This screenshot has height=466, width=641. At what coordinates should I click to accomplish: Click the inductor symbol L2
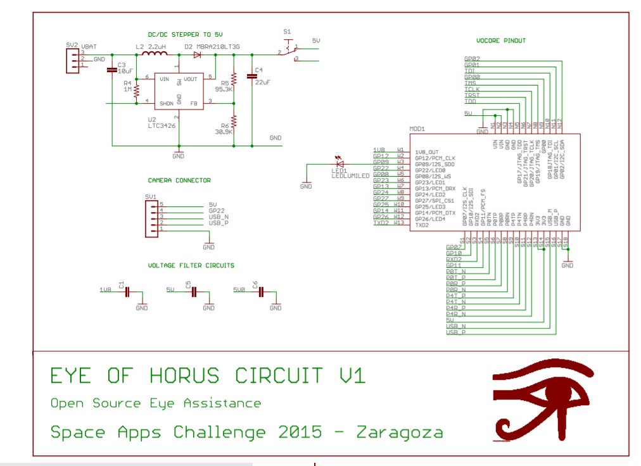[x=154, y=55]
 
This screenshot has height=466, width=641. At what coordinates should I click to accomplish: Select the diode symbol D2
[x=198, y=55]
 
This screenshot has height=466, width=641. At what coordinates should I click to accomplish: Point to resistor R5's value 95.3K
[x=224, y=90]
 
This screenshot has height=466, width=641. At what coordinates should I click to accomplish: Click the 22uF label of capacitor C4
[x=263, y=82]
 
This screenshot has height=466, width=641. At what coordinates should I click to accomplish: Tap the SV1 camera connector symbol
[x=152, y=217]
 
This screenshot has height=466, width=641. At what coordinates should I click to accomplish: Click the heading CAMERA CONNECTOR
[x=179, y=180]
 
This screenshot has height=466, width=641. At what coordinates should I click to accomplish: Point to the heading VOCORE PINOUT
[x=500, y=41]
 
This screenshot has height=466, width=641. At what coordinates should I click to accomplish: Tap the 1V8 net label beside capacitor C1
[x=105, y=290]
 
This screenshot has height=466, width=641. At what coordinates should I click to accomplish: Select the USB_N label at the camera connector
[x=219, y=217]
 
